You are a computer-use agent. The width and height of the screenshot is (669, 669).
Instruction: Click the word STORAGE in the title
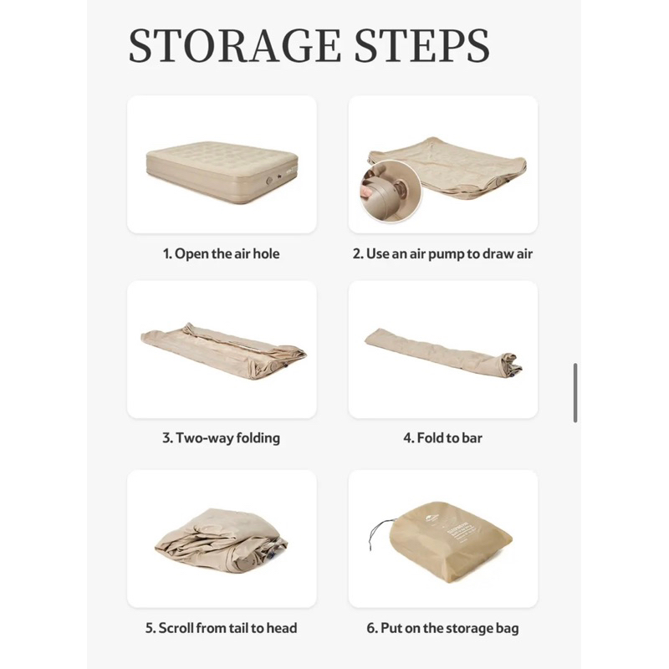click(235, 46)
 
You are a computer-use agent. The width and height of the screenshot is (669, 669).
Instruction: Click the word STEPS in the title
click(422, 46)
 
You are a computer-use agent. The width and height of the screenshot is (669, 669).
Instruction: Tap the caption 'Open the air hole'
click(227, 254)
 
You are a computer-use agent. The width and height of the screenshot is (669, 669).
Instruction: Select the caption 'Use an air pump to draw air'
click(449, 254)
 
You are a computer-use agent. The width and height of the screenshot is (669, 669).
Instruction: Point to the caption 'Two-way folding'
click(227, 438)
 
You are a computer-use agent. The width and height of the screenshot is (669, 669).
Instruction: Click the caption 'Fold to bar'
click(449, 438)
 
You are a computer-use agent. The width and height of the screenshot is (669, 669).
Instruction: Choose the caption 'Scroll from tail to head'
click(227, 628)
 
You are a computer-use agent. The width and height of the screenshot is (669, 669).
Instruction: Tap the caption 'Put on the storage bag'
click(449, 629)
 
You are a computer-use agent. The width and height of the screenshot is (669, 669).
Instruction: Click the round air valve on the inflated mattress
click(269, 181)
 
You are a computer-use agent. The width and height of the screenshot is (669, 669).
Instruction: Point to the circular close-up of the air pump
click(390, 191)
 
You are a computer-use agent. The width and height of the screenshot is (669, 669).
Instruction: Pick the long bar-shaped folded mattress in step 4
click(443, 351)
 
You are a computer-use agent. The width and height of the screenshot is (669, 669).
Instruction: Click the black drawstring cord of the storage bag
click(378, 533)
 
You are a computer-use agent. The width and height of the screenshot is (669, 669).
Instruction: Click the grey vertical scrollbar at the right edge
click(575, 393)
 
